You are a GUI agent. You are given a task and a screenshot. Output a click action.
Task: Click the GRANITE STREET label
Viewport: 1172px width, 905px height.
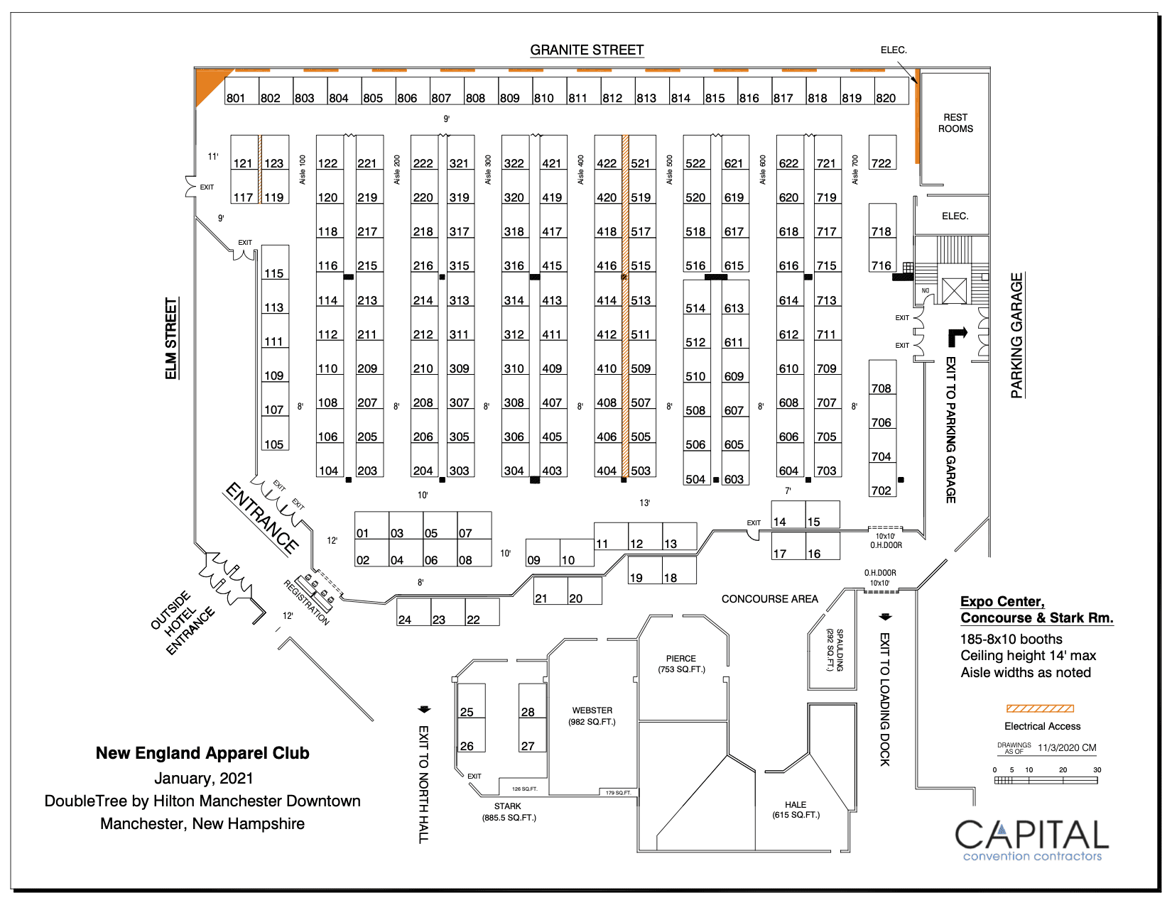(x=587, y=50)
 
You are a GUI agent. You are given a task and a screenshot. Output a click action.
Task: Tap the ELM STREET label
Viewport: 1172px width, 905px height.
(x=171, y=339)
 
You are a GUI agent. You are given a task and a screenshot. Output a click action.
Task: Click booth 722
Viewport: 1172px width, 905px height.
(x=882, y=153)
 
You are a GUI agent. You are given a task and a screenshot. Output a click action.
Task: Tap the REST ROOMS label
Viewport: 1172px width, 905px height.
(x=955, y=123)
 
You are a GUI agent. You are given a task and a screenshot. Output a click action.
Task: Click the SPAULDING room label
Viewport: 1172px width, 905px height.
(x=835, y=649)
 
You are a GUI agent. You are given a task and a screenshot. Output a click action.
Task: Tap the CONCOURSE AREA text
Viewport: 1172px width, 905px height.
(x=769, y=599)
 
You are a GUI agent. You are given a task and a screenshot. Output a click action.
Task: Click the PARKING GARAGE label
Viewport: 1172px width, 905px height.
(x=1017, y=335)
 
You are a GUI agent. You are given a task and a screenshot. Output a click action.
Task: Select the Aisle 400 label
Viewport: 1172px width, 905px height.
(x=581, y=170)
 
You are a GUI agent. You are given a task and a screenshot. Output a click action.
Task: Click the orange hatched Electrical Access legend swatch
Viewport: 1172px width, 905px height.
(x=1040, y=708)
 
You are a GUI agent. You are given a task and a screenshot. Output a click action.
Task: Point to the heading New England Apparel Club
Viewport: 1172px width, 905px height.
(x=202, y=753)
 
